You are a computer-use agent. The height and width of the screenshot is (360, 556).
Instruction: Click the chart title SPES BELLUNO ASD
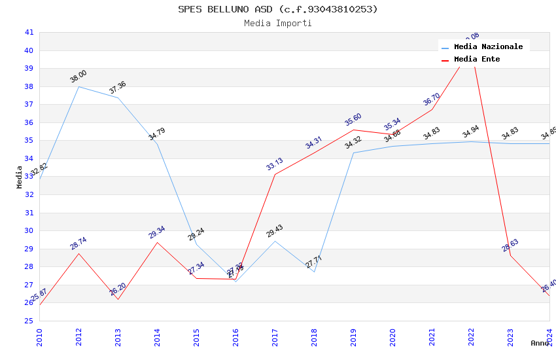(x=277, y=9)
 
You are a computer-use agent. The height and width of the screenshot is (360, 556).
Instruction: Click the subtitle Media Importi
(x=277, y=23)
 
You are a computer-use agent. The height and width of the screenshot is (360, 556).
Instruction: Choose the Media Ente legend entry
(x=476, y=59)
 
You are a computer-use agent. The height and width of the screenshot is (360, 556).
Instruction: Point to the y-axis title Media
(x=20, y=177)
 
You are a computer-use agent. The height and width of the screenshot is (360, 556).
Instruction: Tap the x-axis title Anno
(x=540, y=343)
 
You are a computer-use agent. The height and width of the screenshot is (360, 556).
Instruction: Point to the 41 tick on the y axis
(x=29, y=32)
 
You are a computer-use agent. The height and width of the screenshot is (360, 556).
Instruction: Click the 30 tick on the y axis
(x=29, y=230)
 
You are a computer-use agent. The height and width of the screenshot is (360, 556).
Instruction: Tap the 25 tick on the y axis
(x=29, y=321)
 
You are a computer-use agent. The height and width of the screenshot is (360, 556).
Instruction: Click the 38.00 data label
(x=78, y=77)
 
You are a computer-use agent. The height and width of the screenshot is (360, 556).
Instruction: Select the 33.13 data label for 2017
(x=275, y=164)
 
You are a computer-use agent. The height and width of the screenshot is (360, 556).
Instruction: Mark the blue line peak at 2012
(x=78, y=86)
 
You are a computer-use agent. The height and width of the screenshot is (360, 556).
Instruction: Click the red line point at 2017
(x=275, y=174)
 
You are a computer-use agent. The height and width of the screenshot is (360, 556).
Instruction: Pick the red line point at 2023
(x=510, y=255)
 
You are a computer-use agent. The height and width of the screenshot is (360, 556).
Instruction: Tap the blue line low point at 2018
(x=314, y=272)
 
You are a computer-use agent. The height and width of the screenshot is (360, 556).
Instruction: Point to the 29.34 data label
(x=157, y=232)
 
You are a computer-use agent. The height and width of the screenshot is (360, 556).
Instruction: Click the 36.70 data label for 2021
(x=432, y=99)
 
